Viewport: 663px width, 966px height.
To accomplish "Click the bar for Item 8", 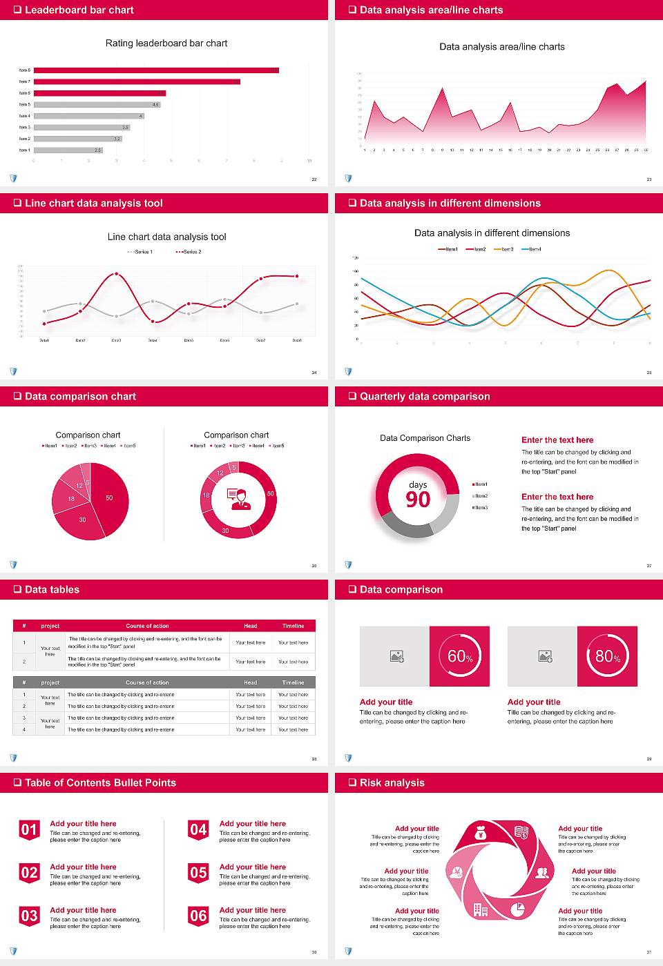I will point(156,70).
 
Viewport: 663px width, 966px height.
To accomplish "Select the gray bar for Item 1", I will point(68,150).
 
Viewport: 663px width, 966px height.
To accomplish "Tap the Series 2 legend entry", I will point(189,252).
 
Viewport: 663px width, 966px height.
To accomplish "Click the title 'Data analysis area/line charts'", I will point(501,47).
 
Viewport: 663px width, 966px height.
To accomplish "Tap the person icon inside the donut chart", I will point(238,498).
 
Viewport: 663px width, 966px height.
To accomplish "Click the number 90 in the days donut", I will point(418,500).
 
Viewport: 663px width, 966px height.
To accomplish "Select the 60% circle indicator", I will point(459,656).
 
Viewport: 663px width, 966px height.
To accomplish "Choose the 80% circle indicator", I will point(607,656).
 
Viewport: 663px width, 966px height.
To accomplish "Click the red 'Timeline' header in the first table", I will point(293,626).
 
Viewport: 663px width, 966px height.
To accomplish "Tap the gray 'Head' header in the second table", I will point(250,682).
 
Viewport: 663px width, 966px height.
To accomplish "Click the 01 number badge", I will point(29,830).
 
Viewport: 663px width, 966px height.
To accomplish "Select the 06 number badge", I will point(198,916).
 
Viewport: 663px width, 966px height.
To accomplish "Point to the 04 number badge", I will point(198,830).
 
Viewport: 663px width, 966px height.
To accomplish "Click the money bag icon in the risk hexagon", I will point(481,835).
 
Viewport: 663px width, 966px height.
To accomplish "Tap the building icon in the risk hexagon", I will point(480,909).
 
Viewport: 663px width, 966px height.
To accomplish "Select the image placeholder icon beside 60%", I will point(396,656).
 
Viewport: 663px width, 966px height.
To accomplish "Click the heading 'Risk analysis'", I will point(392,783).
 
